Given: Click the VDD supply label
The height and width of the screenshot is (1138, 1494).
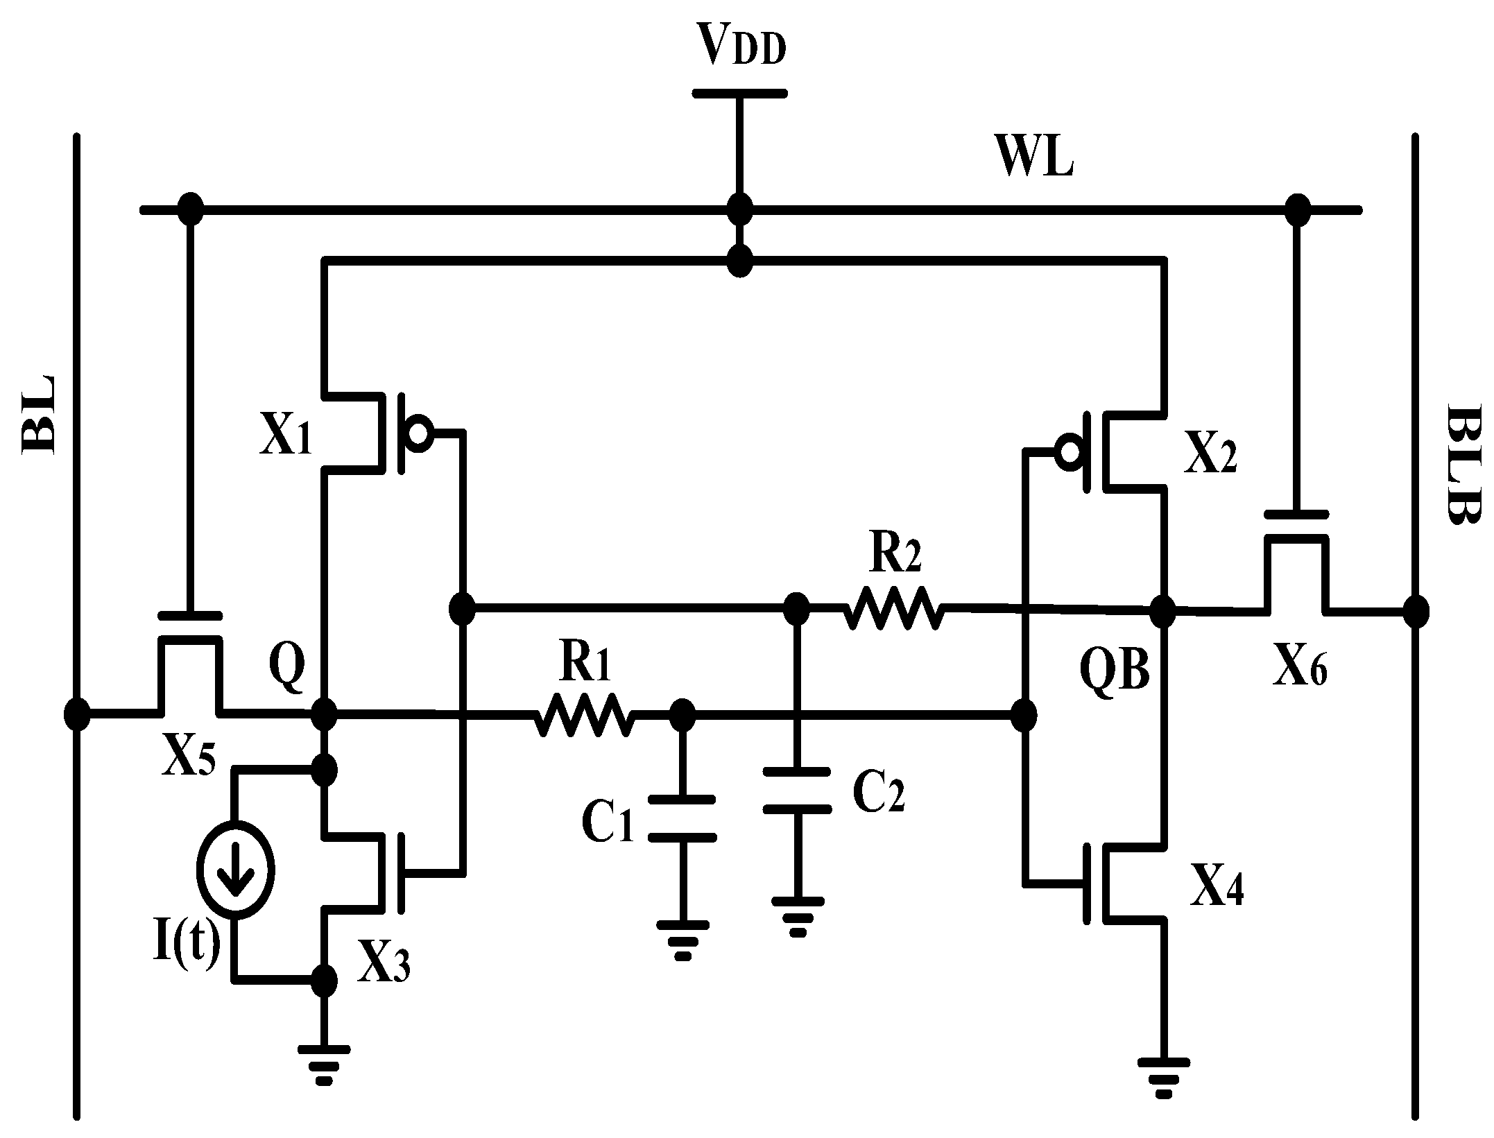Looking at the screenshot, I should [x=741, y=47].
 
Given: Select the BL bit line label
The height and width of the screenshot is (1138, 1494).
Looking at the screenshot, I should [x=40, y=415].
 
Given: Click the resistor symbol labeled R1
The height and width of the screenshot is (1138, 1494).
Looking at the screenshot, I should [x=583, y=715].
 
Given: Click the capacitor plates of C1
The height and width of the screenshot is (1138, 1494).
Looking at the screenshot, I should [x=681, y=818].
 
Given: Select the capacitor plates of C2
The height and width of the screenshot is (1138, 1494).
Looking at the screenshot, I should [x=796, y=790].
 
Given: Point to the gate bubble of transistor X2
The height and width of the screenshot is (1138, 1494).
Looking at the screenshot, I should [x=1069, y=451].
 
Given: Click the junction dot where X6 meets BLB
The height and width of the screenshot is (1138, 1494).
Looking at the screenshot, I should [x=1416, y=612].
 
